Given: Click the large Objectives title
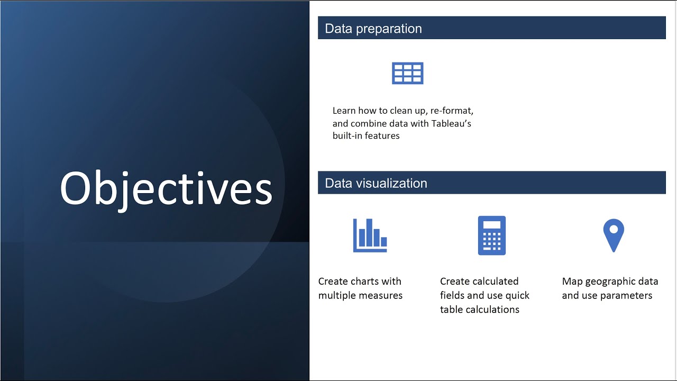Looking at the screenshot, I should pos(166,189).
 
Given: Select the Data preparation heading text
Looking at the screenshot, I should pos(373,29).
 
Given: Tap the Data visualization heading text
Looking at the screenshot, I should pos(376,183).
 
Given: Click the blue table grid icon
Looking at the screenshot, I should pos(407,73).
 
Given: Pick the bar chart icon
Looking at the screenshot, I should pos(370,235).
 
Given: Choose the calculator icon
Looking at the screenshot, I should pos(491,235).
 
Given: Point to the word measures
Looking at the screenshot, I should pos(382,295).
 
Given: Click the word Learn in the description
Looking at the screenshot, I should pos(345,111).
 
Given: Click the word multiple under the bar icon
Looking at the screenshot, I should pos(337,295).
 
